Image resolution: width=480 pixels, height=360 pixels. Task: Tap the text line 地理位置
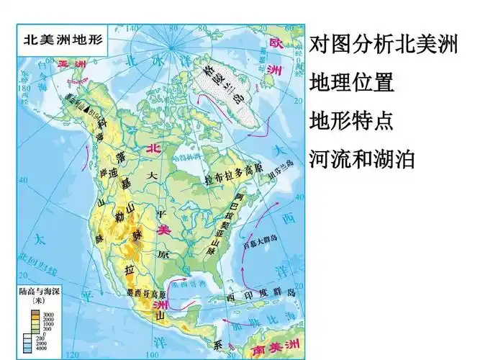(x=351, y=82)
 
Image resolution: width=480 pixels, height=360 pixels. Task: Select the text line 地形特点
(x=351, y=120)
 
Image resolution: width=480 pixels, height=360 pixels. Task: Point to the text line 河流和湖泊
(x=362, y=158)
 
